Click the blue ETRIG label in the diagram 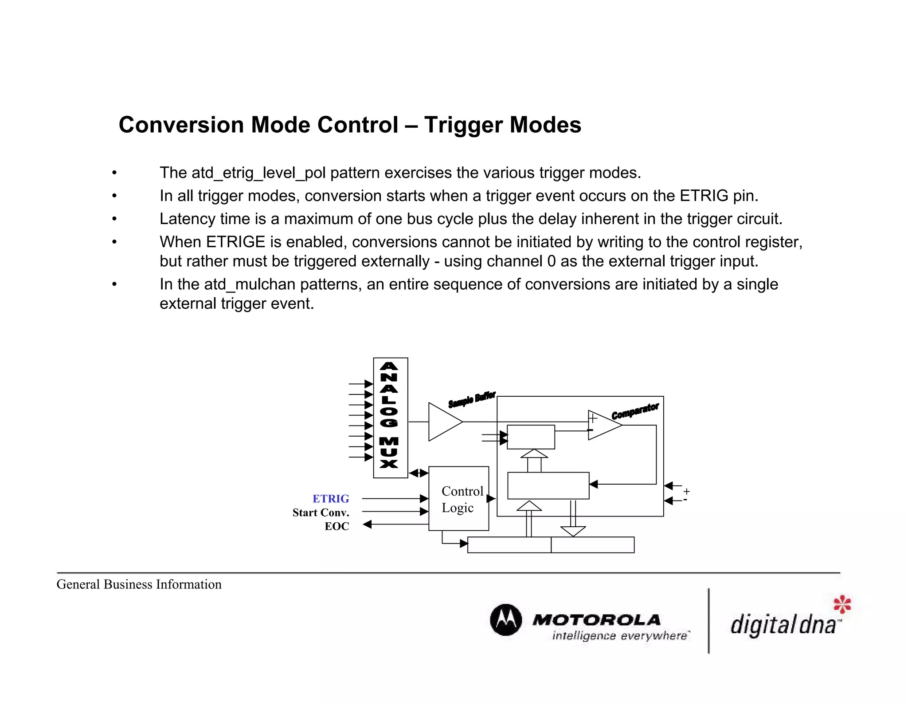tap(331, 499)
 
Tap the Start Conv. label tap(321, 513)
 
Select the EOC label tap(337, 526)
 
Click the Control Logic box tap(458, 498)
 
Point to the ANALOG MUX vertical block tap(390, 417)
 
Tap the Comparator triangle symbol tap(603, 425)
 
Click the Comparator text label tap(635, 411)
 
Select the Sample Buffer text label tap(472, 399)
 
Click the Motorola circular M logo tap(506, 619)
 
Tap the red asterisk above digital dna tap(842, 604)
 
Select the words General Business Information tap(139, 584)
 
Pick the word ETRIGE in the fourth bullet tap(235, 242)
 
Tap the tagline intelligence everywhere tap(620, 636)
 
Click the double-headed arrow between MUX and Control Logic tap(419, 473)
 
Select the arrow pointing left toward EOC tap(367, 525)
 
